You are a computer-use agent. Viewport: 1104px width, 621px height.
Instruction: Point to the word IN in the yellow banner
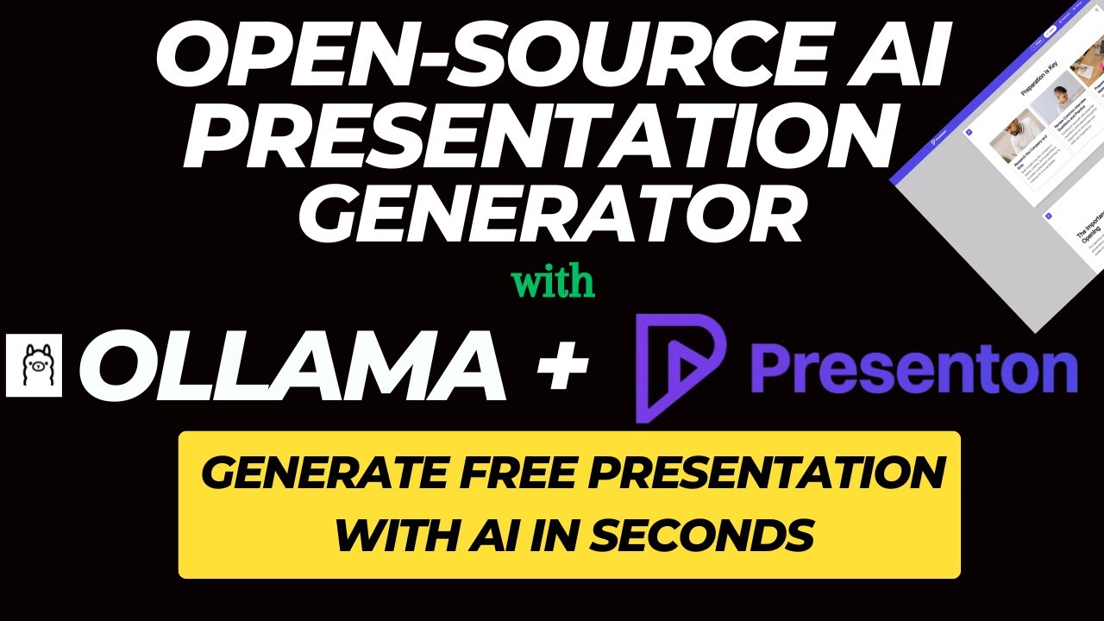click(x=549, y=536)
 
